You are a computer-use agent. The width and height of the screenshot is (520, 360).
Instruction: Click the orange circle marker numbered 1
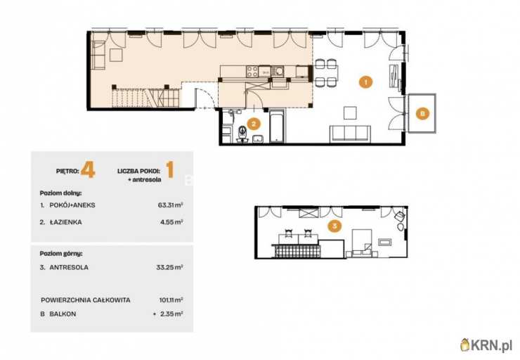tap(365, 82)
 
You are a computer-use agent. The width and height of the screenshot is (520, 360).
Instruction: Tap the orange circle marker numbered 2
tap(254, 124)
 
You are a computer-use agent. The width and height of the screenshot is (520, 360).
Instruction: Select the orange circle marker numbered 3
tap(334, 226)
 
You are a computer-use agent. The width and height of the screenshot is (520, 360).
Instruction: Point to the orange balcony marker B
tap(422, 113)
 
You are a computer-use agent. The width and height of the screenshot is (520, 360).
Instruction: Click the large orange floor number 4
tap(88, 169)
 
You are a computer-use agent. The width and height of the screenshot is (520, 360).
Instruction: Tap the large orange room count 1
tap(170, 169)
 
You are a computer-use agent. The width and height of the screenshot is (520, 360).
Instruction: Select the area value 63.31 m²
tap(171, 205)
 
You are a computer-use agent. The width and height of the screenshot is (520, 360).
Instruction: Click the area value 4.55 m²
tap(171, 222)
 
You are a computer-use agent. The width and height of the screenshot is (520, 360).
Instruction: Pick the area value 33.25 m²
tap(170, 267)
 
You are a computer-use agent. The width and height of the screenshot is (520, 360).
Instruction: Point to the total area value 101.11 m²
tap(171, 300)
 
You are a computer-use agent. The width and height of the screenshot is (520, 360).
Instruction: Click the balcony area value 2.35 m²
tap(171, 314)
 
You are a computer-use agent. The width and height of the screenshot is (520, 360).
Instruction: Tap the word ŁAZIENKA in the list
tap(65, 222)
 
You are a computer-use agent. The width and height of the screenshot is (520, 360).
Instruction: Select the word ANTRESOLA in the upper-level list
tap(69, 267)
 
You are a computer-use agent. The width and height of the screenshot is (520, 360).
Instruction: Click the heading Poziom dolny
tap(60, 193)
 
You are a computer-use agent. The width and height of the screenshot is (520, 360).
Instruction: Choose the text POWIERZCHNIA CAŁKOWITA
tap(86, 300)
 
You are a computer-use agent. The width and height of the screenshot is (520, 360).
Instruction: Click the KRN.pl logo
tap(486, 345)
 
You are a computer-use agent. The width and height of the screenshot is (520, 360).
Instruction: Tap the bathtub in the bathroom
tap(277, 127)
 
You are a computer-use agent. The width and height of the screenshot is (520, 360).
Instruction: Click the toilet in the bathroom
tap(242, 134)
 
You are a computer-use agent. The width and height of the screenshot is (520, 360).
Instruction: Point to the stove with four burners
tap(252, 71)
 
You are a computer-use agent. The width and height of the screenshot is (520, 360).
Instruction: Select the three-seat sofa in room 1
tap(350, 134)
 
